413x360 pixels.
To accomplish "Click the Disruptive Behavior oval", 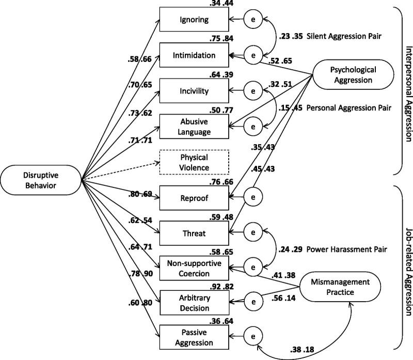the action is [x=41, y=180].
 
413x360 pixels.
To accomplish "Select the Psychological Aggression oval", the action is [x=353, y=75].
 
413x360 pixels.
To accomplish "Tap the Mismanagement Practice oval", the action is [x=340, y=287].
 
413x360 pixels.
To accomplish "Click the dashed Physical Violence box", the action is [x=194, y=162].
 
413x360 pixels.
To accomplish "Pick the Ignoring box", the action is [x=194, y=19].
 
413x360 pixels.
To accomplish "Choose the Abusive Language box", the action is [x=194, y=127].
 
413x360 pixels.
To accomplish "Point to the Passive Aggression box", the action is [x=194, y=337].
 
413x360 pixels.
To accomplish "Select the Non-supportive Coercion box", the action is [x=194, y=268].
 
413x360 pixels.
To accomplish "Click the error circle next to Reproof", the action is [x=253, y=197].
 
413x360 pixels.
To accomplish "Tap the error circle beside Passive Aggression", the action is [x=253, y=336].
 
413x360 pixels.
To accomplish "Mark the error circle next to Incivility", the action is [x=253, y=91].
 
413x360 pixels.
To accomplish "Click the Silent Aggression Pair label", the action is [x=344, y=36].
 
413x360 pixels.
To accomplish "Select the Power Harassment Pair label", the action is [x=346, y=249].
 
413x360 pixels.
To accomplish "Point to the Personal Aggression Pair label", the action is [x=349, y=108].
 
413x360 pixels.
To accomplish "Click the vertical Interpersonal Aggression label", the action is [x=408, y=94].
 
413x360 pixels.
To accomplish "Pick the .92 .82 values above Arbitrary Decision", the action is [x=221, y=287].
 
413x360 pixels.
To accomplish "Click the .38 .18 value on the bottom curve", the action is [x=302, y=350].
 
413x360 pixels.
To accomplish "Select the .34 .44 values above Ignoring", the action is [x=221, y=3].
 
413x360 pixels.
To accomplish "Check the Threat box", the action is [x=194, y=233].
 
